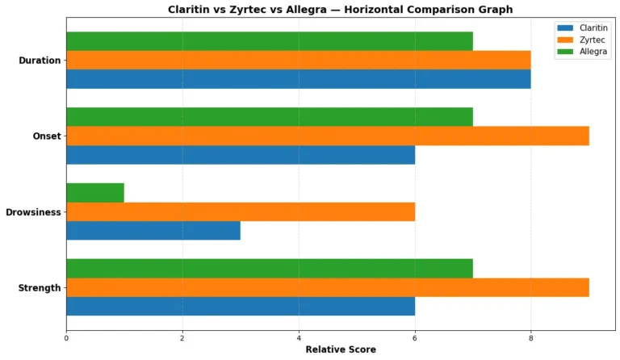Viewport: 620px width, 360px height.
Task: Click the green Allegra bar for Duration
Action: click(269, 41)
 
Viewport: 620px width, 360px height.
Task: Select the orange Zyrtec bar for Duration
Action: click(298, 60)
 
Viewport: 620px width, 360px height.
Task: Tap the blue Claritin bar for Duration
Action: click(298, 78)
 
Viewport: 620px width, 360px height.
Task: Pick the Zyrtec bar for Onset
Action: click(327, 136)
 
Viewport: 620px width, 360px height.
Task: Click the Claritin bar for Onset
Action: click(240, 154)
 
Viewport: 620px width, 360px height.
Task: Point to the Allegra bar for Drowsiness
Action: click(94, 192)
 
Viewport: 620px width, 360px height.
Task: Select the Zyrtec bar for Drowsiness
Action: click(240, 211)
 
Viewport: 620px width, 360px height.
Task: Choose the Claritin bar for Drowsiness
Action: click(153, 230)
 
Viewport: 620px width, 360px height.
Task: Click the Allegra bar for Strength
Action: click(269, 268)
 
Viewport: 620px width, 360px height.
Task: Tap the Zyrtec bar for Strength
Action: click(327, 287)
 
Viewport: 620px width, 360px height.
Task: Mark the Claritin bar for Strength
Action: click(240, 306)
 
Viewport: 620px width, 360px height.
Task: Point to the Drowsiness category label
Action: click(33, 212)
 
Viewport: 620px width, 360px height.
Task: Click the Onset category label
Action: click(46, 136)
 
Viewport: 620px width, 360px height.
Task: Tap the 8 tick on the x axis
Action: click(530, 337)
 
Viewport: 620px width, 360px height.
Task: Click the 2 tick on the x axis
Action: click(182, 337)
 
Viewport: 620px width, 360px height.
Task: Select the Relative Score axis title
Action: click(340, 350)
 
